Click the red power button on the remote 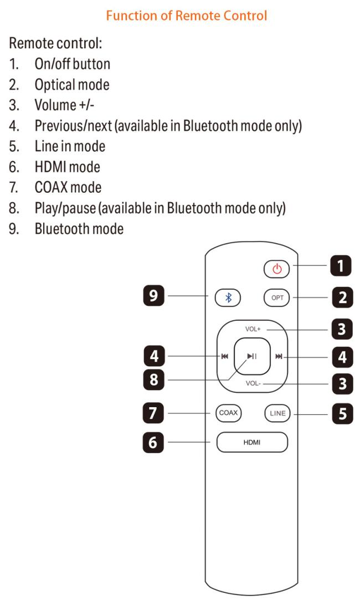click(x=276, y=269)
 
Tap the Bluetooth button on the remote click(x=228, y=298)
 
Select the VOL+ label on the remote click(x=253, y=329)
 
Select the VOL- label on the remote click(x=253, y=383)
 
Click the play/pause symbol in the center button click(x=252, y=356)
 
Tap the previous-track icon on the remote click(x=224, y=356)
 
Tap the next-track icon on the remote click(x=279, y=356)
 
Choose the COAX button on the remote click(x=228, y=413)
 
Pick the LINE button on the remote click(x=277, y=413)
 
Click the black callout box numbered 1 click(x=341, y=265)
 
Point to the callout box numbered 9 click(x=154, y=295)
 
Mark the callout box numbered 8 click(x=154, y=380)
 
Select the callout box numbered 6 click(x=153, y=442)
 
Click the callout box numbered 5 click(x=342, y=414)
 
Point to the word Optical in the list click(x=54, y=85)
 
